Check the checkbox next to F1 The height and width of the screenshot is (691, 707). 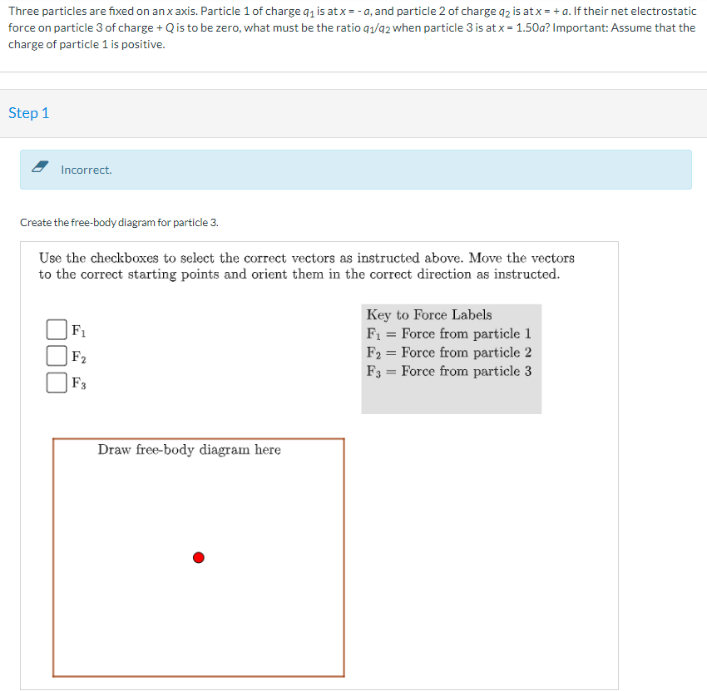pos(57,329)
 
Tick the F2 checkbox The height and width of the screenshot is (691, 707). pos(57,356)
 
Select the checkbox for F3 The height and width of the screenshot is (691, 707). pos(57,383)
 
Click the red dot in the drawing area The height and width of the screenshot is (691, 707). pos(198,557)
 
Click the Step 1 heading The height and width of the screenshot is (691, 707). pos(29,113)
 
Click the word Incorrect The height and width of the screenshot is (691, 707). pos(86,170)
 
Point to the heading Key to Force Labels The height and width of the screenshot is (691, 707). pos(428,314)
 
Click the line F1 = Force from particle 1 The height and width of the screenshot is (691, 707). pos(448,333)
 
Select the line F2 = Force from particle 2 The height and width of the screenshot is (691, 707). pos(448,353)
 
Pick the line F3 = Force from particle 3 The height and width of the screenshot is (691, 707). pos(448,371)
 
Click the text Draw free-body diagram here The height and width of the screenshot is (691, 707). pos(189,450)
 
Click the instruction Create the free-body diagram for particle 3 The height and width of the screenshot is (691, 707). pos(119,223)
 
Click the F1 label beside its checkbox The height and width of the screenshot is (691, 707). pos(78,329)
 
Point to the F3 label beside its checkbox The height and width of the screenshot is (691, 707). pos(78,383)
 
